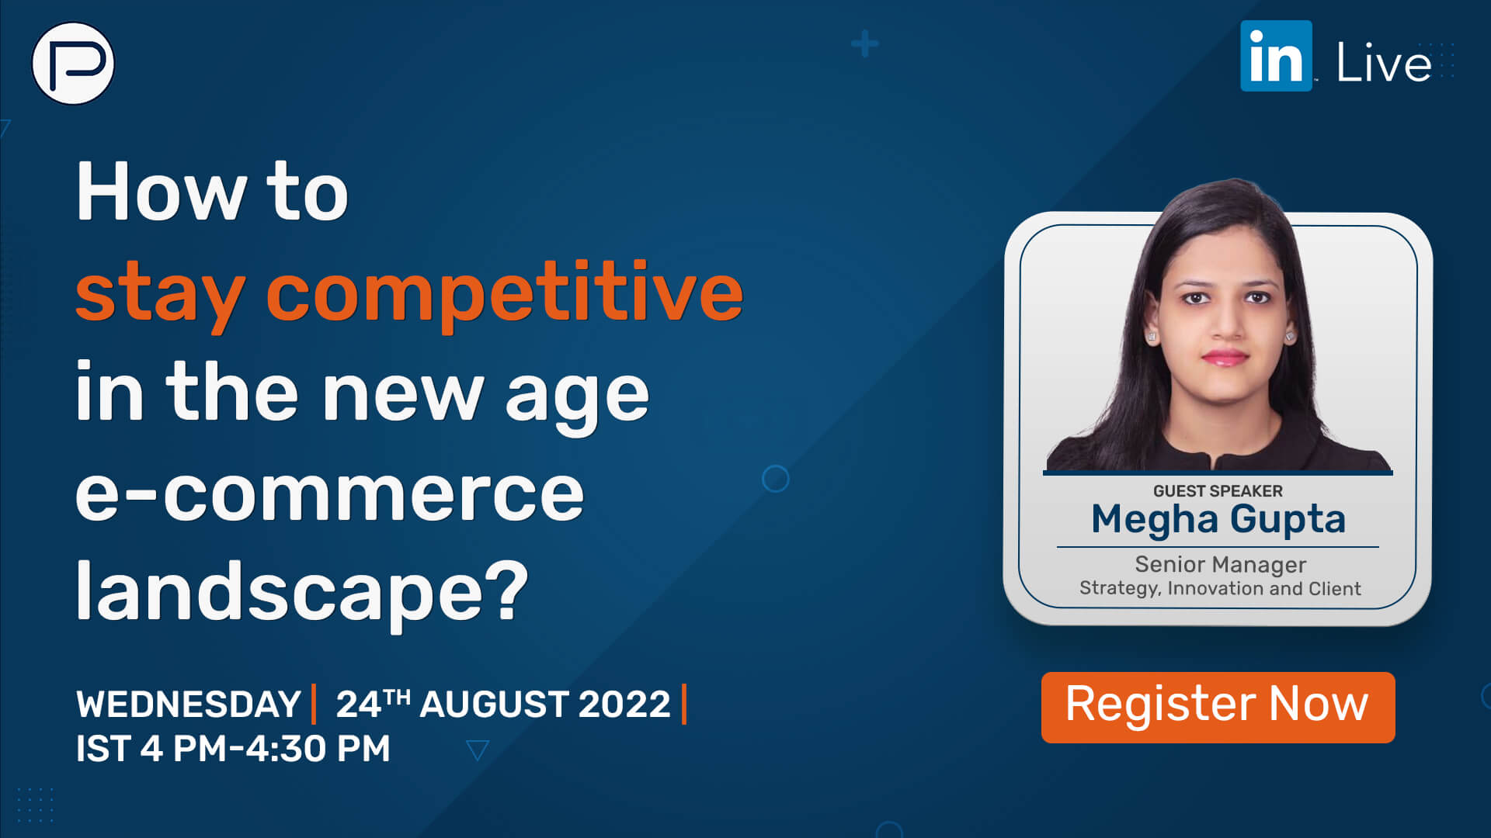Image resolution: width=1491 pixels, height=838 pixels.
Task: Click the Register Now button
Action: (x=1217, y=707)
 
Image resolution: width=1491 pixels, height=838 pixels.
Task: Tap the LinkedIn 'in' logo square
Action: (x=1275, y=57)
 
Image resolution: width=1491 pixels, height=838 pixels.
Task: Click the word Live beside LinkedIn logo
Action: (x=1383, y=63)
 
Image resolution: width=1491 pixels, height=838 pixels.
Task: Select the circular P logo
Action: (x=73, y=64)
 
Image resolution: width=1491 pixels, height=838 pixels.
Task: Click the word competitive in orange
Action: (x=505, y=293)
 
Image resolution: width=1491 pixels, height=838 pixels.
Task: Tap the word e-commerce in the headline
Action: (x=329, y=493)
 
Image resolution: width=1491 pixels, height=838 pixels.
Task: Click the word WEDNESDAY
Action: (x=189, y=705)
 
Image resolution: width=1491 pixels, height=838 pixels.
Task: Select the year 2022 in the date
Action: (x=624, y=705)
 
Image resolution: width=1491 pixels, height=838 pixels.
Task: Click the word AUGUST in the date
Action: (x=494, y=705)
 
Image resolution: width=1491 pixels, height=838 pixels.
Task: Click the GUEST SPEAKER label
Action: (x=1217, y=491)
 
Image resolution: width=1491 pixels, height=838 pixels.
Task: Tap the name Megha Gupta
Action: (x=1218, y=519)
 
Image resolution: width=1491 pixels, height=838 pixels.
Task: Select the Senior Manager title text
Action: (x=1220, y=564)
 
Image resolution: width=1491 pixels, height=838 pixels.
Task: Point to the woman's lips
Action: (x=1225, y=358)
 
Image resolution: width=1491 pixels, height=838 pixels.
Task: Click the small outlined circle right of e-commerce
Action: (x=775, y=479)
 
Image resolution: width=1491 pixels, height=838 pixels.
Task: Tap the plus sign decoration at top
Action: (x=864, y=44)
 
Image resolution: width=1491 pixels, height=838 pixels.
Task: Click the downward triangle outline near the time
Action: (x=477, y=750)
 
